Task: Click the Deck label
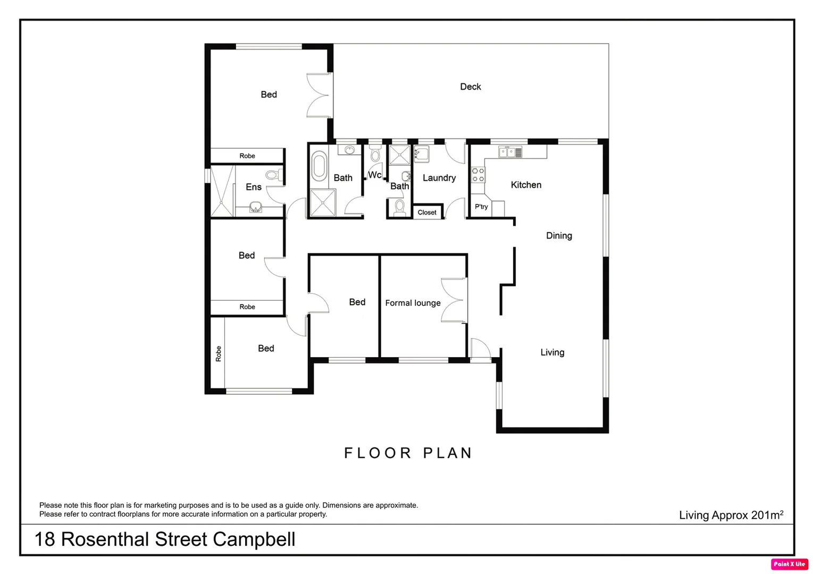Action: pyautogui.click(x=470, y=87)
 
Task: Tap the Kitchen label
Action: pyautogui.click(x=526, y=185)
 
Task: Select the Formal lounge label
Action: pyautogui.click(x=413, y=303)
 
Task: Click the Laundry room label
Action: pyautogui.click(x=439, y=178)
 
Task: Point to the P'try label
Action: pyautogui.click(x=481, y=207)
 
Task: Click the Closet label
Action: pyautogui.click(x=427, y=213)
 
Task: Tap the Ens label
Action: pyautogui.click(x=254, y=187)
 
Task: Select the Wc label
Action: pyautogui.click(x=374, y=175)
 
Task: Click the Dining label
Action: pyautogui.click(x=559, y=235)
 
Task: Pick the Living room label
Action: pyautogui.click(x=552, y=352)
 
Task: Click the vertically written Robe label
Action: pyautogui.click(x=218, y=354)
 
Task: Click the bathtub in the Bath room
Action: pyautogui.click(x=319, y=166)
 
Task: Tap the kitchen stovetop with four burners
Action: pyautogui.click(x=478, y=175)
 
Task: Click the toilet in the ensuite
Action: pyautogui.click(x=273, y=174)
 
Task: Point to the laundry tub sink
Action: pyautogui.click(x=422, y=155)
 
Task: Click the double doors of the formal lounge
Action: pyautogui.click(x=454, y=300)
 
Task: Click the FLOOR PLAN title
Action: pyautogui.click(x=408, y=453)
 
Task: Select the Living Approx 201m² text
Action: pyautogui.click(x=731, y=514)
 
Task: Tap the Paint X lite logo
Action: pyautogui.click(x=789, y=564)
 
